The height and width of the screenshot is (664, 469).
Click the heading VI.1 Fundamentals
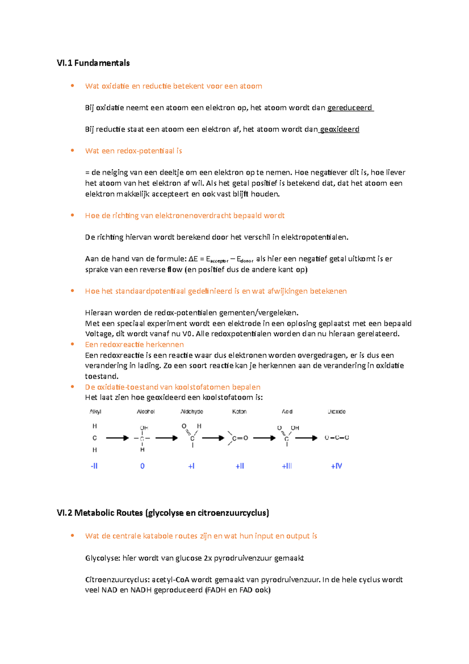click(93, 63)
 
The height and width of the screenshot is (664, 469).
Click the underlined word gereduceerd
click(350, 108)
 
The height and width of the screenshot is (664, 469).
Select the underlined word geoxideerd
click(339, 129)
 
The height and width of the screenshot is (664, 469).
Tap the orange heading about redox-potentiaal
click(133, 151)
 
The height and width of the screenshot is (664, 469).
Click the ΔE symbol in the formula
click(193, 259)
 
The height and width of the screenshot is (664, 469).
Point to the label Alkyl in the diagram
click(95, 411)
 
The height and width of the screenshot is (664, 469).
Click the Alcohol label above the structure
click(145, 411)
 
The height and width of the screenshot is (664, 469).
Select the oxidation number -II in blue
click(94, 466)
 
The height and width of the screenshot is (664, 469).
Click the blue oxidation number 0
click(142, 466)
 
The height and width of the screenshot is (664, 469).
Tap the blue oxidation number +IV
click(336, 466)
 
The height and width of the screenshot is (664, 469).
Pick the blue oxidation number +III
click(287, 466)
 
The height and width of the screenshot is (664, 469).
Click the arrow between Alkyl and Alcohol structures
click(117, 438)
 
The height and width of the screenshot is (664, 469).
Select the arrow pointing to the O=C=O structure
click(306, 438)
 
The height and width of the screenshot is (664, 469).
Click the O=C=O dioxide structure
click(337, 438)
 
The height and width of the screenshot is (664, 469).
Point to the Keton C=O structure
click(238, 438)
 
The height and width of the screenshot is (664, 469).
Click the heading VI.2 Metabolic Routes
click(163, 513)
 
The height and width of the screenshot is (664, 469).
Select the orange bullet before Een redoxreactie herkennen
click(72, 344)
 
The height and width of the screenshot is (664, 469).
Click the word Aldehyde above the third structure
click(192, 411)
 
